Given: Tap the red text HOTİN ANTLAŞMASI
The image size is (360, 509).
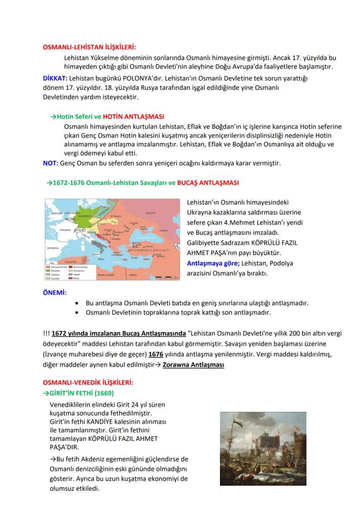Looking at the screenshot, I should pyautogui.click(x=133, y=117).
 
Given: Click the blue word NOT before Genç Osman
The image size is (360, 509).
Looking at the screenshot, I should pyautogui.click(x=50, y=163).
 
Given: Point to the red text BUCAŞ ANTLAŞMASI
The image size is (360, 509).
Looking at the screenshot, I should pyautogui.click(x=208, y=183).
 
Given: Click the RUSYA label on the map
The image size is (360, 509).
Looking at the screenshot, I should pyautogui.click(x=150, y=213).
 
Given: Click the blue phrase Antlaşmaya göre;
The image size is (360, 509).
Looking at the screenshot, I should pyautogui.click(x=213, y=263).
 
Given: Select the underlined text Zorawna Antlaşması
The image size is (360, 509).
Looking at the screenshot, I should pyautogui.click(x=193, y=365).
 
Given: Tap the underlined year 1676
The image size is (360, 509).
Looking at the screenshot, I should pyautogui.click(x=156, y=354).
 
